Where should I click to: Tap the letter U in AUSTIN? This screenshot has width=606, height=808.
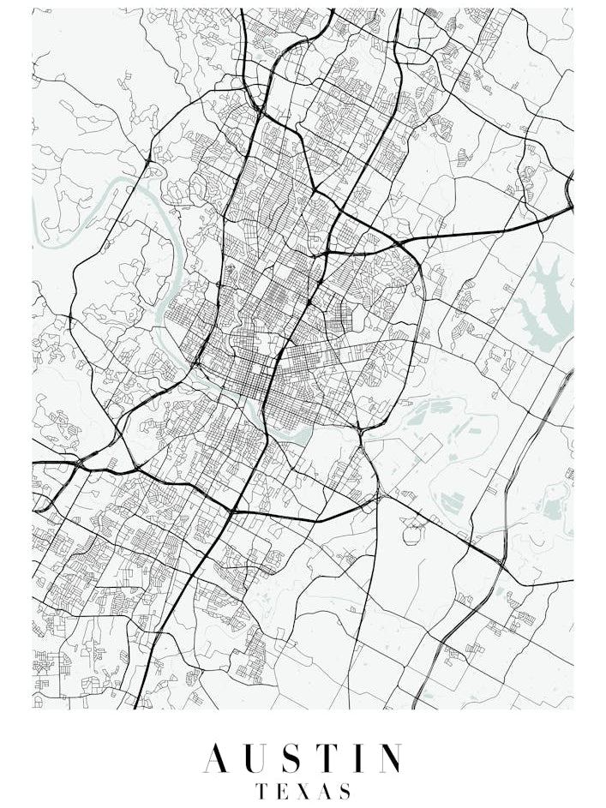tap(256, 759)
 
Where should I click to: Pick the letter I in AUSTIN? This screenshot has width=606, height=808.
tap(362, 759)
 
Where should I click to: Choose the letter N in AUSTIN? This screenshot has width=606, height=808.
tap(390, 759)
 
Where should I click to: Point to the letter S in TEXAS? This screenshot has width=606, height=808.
tap(345, 790)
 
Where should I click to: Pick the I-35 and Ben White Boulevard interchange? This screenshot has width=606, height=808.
tap(231, 511)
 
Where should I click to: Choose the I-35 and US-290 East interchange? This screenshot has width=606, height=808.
tap(323, 254)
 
